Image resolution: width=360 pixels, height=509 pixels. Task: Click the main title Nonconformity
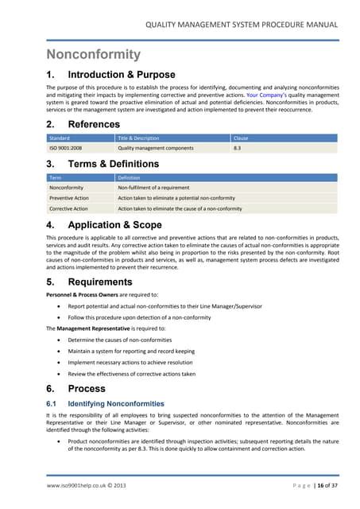point(93,56)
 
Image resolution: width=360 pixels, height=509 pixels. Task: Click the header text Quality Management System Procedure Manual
point(246,26)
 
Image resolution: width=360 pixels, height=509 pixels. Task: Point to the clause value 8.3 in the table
point(237,148)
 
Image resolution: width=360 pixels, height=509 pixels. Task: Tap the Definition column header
point(132,177)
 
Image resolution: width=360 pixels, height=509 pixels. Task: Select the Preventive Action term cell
point(69,197)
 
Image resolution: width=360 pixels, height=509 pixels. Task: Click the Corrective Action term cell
point(68,208)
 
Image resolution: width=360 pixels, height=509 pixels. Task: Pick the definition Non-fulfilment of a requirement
point(158,187)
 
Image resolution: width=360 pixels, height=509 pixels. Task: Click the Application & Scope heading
point(114,225)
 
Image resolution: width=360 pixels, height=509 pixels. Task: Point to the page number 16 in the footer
point(319,484)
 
